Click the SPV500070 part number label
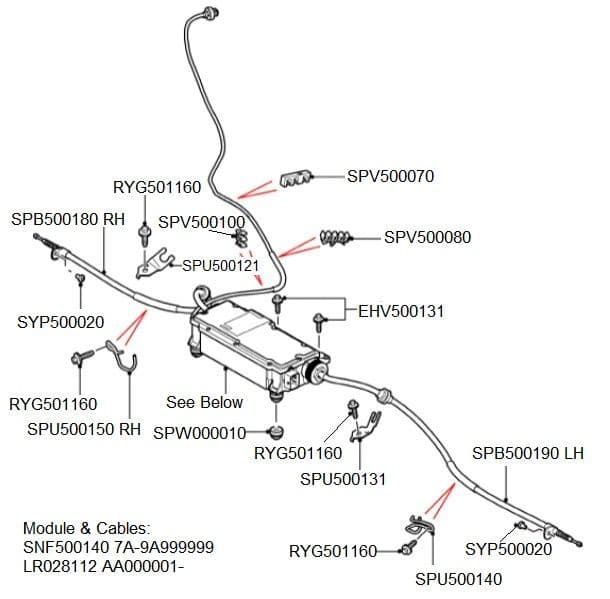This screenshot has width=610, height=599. tap(390, 176)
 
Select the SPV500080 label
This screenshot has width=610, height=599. tap(428, 237)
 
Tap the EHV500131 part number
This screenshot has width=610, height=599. tap(401, 312)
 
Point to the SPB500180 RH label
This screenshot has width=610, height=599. tap(68, 219)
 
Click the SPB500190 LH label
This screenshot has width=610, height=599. tap(528, 454)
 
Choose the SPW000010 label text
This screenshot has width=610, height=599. tap(200, 433)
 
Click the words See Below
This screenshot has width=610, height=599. tap(205, 402)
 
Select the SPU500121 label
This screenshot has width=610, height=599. tap(221, 266)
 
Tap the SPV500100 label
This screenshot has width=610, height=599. tap(202, 222)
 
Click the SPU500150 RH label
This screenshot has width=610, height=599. tap(84, 429)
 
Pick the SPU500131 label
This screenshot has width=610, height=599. tap(343, 479)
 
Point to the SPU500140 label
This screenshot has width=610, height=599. tap(459, 579)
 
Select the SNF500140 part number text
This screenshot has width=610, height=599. tap(66, 547)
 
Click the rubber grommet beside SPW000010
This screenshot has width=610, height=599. tap(276, 432)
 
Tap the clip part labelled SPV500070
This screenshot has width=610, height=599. tap(296, 179)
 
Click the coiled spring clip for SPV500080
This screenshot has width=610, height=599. tap(335, 238)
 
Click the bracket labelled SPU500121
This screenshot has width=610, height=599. tap(154, 263)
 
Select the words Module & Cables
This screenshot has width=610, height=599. tap(86, 529)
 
